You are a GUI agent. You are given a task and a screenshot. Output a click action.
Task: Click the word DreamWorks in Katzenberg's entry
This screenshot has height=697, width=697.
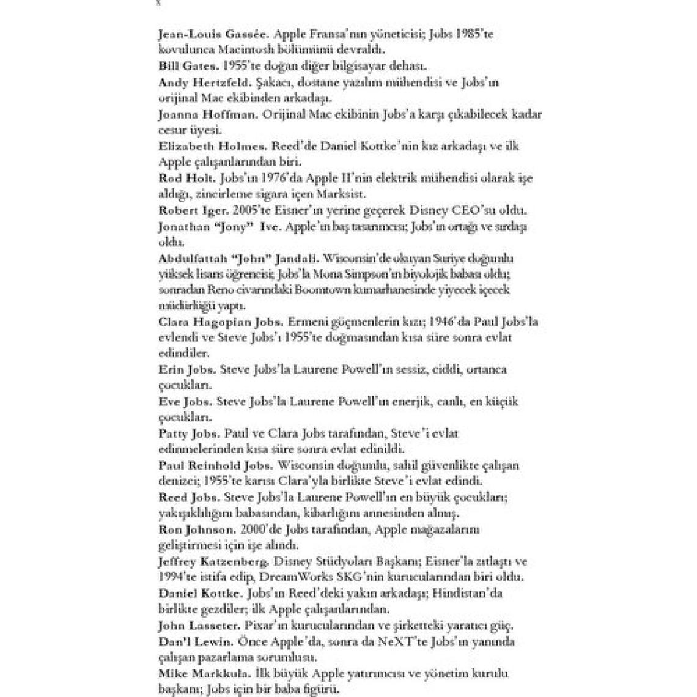(x=292, y=577)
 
